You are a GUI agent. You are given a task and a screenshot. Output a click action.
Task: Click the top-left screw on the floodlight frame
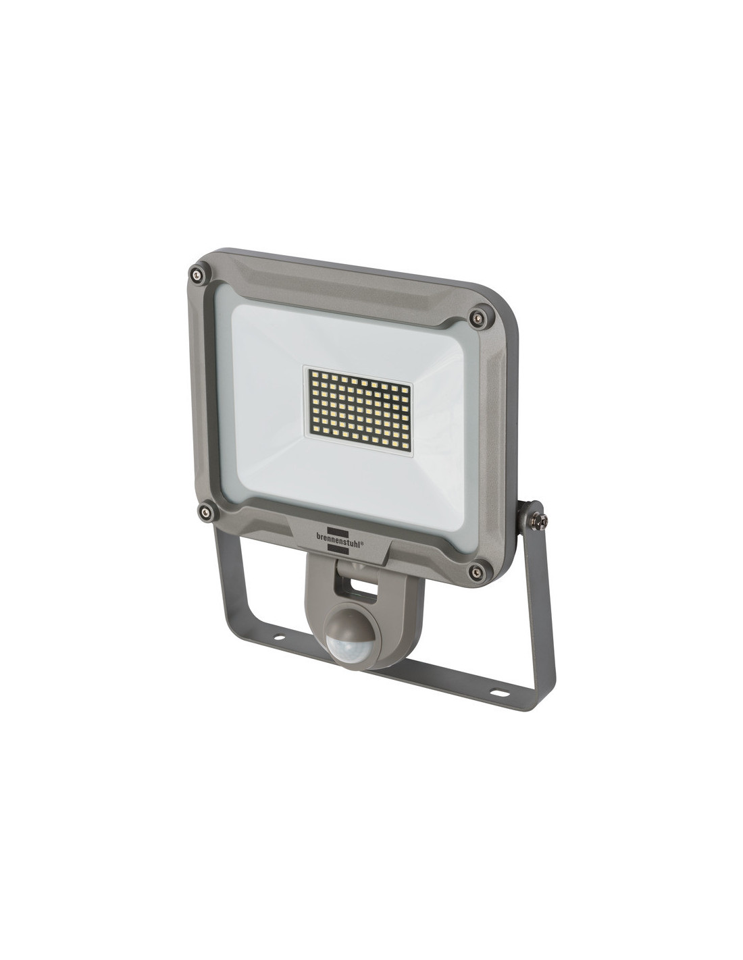(x=195, y=273)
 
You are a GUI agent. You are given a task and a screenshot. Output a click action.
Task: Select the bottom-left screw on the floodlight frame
(x=205, y=511)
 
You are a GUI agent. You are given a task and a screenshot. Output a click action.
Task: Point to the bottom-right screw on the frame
(x=476, y=572)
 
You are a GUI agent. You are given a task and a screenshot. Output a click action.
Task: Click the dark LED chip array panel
(x=360, y=411)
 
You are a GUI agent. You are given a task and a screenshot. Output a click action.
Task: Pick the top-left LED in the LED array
(x=313, y=375)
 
